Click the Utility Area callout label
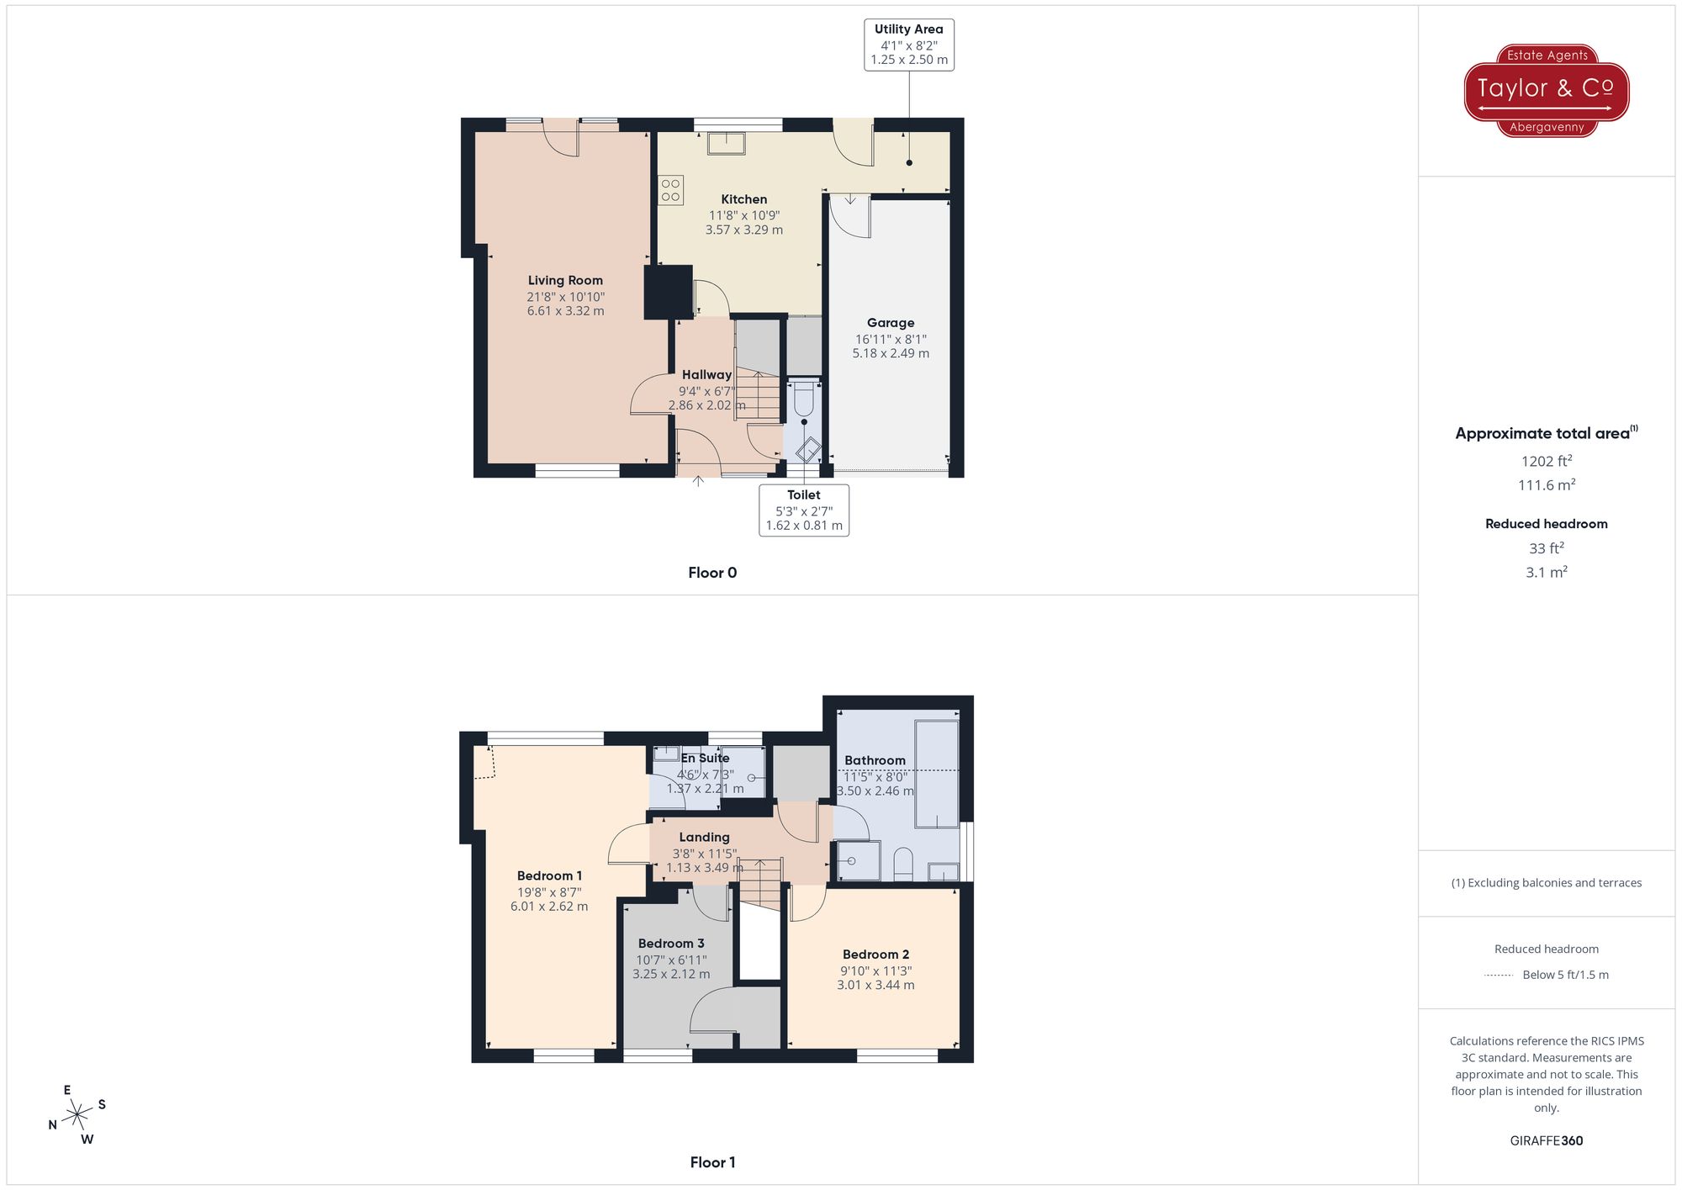click(908, 45)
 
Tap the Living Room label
click(565, 281)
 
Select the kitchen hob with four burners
click(670, 190)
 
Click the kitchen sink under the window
click(725, 144)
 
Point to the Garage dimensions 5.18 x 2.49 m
click(891, 353)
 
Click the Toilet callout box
click(803, 510)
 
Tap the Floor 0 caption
click(712, 573)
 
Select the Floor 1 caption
click(712, 1162)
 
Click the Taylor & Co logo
click(1546, 90)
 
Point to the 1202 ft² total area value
click(1546, 461)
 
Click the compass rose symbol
click(77, 1115)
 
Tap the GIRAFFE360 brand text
click(1546, 1140)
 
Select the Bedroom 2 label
click(875, 955)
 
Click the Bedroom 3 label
click(671, 944)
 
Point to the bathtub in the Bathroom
click(936, 774)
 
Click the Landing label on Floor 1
click(704, 838)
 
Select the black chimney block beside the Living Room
click(668, 292)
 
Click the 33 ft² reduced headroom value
click(1546, 548)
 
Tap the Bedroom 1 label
click(549, 876)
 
